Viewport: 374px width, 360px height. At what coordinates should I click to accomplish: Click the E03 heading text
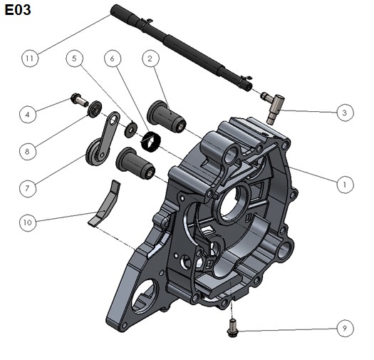click(x=18, y=10)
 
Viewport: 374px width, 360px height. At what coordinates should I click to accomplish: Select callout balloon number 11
click(x=30, y=58)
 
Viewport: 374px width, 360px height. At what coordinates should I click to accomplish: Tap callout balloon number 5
click(x=74, y=58)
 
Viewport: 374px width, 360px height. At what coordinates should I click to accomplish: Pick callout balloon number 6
click(x=113, y=58)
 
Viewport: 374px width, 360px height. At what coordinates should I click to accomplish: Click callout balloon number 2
click(x=150, y=58)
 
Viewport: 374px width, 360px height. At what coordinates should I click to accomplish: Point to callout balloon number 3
click(x=345, y=113)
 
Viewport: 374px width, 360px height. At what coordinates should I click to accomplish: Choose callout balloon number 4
click(x=28, y=115)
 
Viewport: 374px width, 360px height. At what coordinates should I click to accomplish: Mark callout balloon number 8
click(x=28, y=151)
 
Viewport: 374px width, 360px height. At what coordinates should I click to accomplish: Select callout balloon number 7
click(x=28, y=189)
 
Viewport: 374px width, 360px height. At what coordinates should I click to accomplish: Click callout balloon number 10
click(x=28, y=222)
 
